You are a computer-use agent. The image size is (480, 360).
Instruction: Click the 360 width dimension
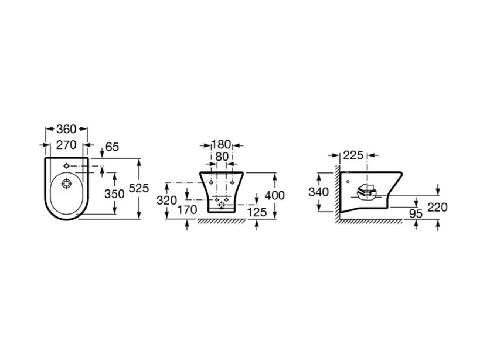66,128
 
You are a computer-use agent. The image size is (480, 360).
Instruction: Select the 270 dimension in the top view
66,145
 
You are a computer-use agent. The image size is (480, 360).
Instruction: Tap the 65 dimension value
112,147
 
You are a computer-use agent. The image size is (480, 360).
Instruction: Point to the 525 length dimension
139,188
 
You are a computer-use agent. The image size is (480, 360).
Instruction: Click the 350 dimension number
114,193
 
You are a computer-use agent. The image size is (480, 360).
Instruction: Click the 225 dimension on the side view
353,155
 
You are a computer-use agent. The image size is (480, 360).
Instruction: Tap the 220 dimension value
438,207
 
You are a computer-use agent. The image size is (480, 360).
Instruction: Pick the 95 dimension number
416,213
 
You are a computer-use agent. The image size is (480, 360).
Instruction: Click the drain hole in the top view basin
66,184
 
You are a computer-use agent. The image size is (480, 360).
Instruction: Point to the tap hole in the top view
66,165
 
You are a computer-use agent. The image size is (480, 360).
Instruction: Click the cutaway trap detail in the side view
366,192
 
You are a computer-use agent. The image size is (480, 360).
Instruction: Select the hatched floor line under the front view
221,222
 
